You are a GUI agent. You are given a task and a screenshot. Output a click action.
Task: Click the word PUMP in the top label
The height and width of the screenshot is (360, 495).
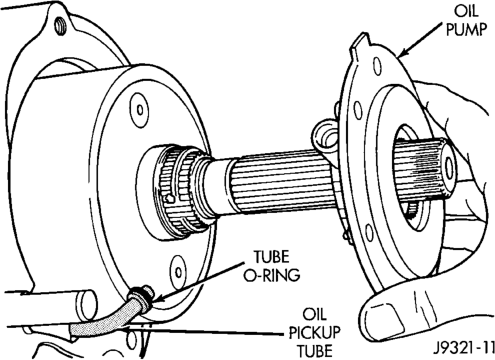[467, 30]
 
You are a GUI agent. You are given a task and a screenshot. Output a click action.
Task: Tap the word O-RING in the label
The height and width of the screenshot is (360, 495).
[272, 275]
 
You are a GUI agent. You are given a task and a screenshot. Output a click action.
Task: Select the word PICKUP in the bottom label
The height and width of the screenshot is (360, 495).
[315, 333]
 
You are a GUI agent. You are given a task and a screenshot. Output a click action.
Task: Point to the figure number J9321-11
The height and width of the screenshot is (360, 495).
[464, 348]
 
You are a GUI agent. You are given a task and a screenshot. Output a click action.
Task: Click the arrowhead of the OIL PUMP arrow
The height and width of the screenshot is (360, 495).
[404, 52]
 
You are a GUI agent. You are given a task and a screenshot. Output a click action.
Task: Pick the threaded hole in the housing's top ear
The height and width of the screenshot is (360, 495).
[61, 26]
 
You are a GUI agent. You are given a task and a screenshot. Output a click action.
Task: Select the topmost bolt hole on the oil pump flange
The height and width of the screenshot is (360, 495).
[377, 66]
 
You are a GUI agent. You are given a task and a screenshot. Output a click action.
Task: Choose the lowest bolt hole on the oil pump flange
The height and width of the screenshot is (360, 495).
[369, 234]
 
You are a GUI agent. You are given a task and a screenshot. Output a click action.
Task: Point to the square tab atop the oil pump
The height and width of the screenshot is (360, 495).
[359, 43]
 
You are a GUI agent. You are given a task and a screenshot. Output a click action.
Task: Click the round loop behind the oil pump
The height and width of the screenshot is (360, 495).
[325, 137]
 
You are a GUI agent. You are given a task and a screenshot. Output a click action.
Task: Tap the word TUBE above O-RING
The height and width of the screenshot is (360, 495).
[271, 257]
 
